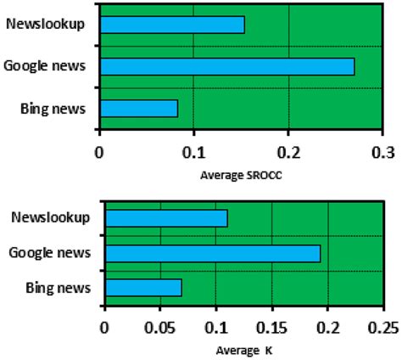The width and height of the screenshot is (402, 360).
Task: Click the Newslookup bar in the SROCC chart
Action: click(171, 25)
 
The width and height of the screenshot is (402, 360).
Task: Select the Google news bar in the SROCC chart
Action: click(226, 66)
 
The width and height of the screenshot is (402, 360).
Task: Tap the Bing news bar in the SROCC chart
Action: click(138, 109)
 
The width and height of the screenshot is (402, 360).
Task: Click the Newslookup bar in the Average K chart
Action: click(166, 218)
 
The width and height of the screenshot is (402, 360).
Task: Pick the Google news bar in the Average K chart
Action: click(212, 253)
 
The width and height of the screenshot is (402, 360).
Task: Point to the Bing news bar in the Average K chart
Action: click(143, 288)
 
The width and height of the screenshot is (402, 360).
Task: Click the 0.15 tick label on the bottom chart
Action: click(271, 327)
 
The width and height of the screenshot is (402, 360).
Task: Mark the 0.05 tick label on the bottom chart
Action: click(160, 327)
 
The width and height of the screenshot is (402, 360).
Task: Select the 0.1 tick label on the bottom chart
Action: click(216, 327)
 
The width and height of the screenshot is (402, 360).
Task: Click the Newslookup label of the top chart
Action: click(45, 23)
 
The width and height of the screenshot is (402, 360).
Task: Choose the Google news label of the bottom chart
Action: click(50, 252)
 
